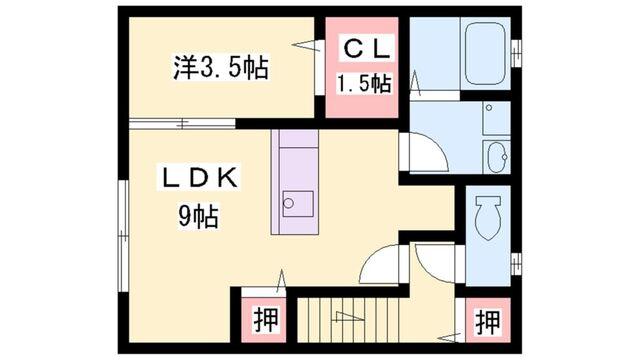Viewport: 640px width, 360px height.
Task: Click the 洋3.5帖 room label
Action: (220, 69)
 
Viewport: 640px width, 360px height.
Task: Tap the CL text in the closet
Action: (362, 48)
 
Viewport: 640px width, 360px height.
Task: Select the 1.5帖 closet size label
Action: (362, 83)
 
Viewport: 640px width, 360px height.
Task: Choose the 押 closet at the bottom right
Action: (487, 322)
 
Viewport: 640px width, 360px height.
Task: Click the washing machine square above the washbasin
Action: (494, 117)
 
